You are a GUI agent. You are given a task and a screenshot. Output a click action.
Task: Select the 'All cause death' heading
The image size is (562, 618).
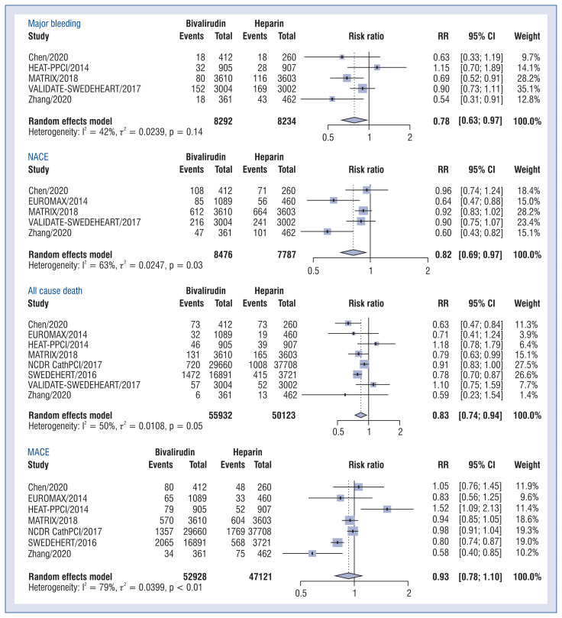(57, 291)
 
